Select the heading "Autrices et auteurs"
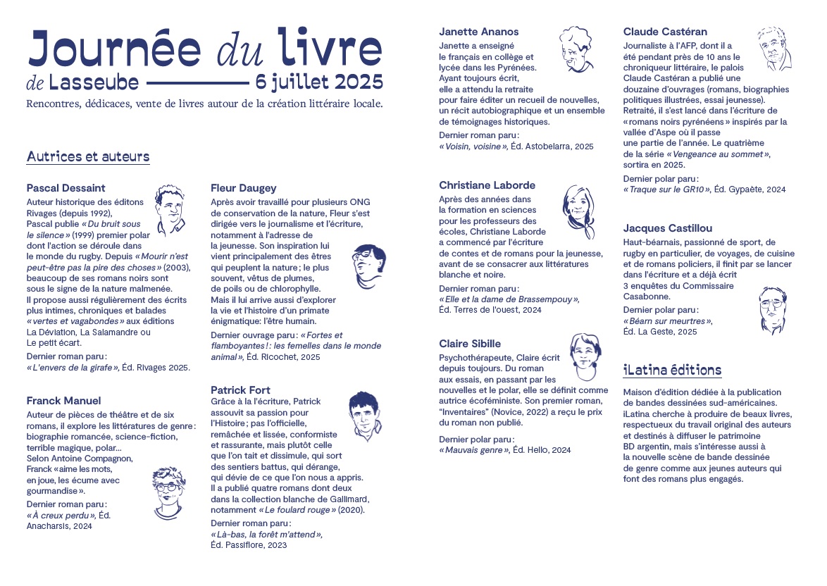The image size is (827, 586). click(x=88, y=156)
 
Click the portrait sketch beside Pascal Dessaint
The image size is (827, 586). click(x=170, y=209)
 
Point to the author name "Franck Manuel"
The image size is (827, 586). click(x=63, y=401)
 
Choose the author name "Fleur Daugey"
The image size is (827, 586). click(x=243, y=188)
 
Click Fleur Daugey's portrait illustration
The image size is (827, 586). click(x=368, y=267)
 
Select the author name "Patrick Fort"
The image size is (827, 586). click(x=240, y=390)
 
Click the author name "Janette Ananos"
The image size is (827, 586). click(x=478, y=32)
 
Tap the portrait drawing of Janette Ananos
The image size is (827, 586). click(x=576, y=50)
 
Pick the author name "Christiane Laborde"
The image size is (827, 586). click(x=487, y=185)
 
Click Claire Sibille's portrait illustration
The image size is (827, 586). click(x=584, y=356)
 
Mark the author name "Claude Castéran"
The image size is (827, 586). click(x=665, y=32)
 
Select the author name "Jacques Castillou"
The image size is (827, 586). click(x=667, y=228)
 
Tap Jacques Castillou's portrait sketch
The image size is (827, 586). click(x=773, y=309)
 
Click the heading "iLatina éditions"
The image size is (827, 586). click(x=672, y=370)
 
